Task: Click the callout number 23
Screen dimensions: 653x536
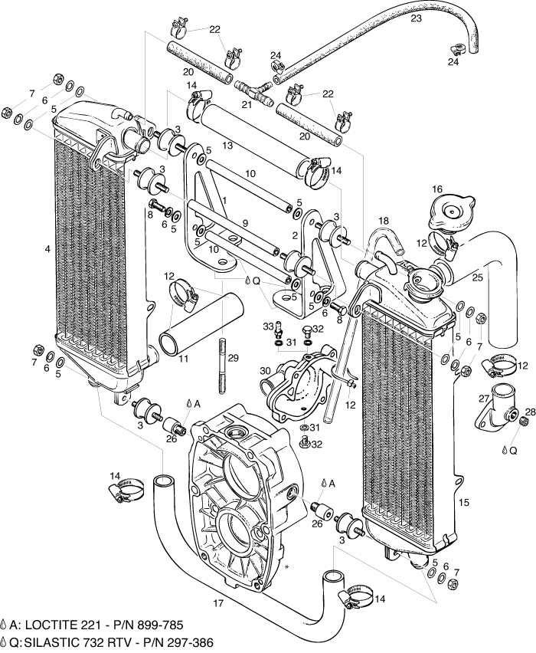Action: tap(416, 18)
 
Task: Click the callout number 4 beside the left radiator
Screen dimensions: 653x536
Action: tap(47, 249)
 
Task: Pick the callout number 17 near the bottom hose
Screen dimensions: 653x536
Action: tap(218, 604)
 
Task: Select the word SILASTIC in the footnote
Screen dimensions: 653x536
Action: tap(63, 642)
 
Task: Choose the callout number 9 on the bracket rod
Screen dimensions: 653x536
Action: tap(244, 223)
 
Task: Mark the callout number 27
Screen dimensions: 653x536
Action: tap(483, 398)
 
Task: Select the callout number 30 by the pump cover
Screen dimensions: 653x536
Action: tap(264, 371)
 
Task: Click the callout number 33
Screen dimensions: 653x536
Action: tap(269, 326)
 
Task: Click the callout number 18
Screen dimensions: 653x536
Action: tap(383, 221)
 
